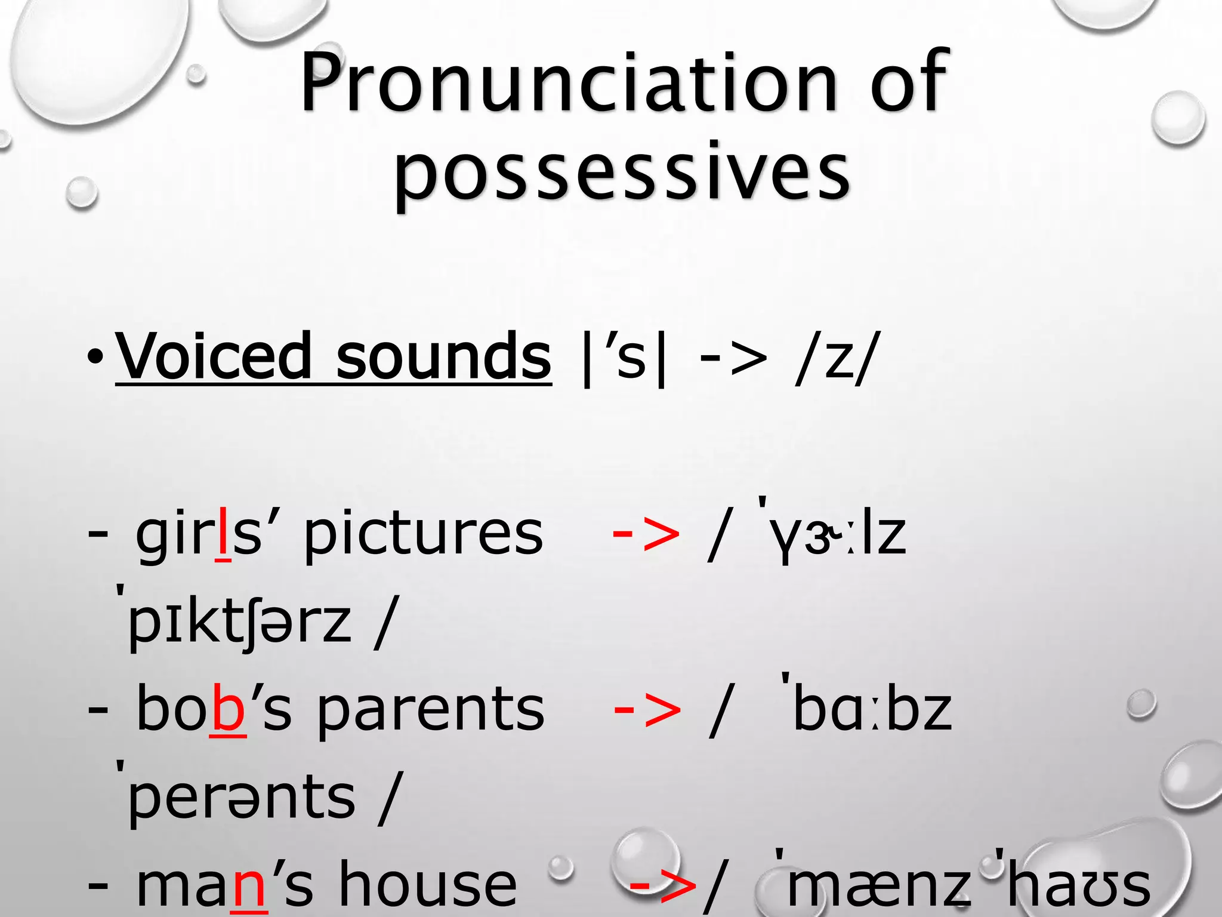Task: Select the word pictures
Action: (423, 534)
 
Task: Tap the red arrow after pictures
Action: (646, 534)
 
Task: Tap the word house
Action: (427, 884)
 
